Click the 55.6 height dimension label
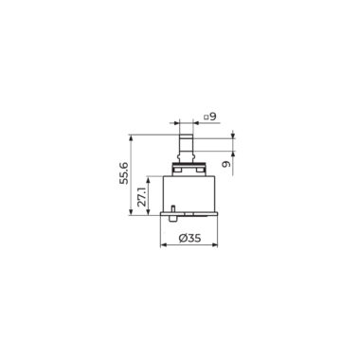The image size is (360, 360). (x=124, y=173)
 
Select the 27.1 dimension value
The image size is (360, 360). (x=142, y=196)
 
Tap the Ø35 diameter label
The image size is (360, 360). (x=189, y=238)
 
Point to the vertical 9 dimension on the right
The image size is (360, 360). (x=225, y=165)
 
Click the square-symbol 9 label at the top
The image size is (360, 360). (x=210, y=117)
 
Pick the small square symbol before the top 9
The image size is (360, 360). (x=206, y=117)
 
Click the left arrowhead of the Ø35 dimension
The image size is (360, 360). (x=163, y=244)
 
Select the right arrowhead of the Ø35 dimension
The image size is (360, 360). (x=215, y=244)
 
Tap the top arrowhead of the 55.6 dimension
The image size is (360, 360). (x=131, y=138)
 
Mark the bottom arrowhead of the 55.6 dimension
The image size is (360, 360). (x=131, y=212)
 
